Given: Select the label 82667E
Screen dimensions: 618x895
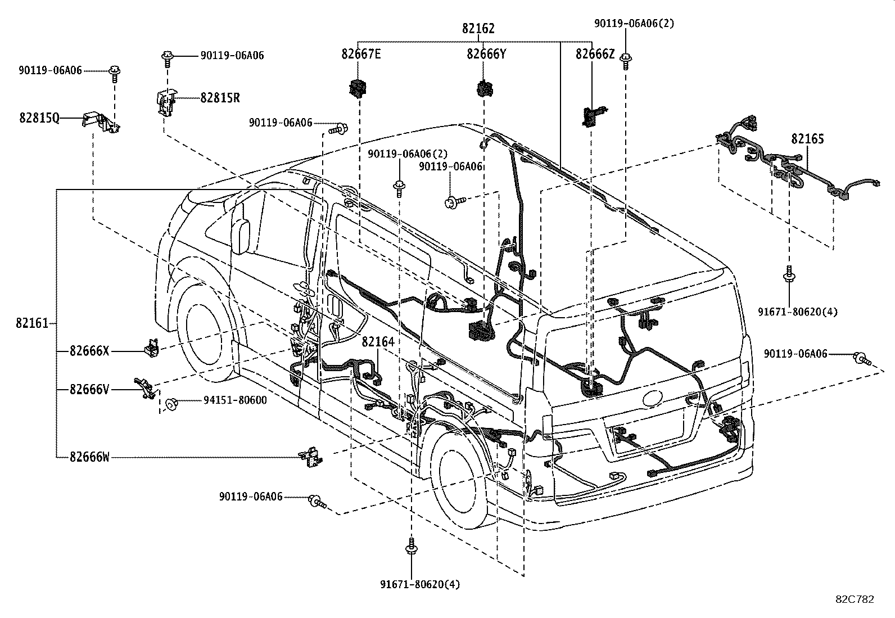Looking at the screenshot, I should click(361, 54).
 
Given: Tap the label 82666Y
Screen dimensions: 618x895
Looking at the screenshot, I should click(486, 54).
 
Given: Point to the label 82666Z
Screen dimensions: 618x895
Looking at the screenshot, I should click(595, 54).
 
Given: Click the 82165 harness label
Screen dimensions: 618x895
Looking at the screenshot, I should click(807, 138).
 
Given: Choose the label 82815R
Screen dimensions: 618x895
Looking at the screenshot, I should click(220, 98).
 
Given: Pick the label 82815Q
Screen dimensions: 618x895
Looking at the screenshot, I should click(39, 118).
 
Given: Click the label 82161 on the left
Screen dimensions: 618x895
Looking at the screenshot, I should click(31, 323).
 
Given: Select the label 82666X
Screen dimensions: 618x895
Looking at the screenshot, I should click(89, 351).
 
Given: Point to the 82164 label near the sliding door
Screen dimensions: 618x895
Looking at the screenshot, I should click(378, 341).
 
